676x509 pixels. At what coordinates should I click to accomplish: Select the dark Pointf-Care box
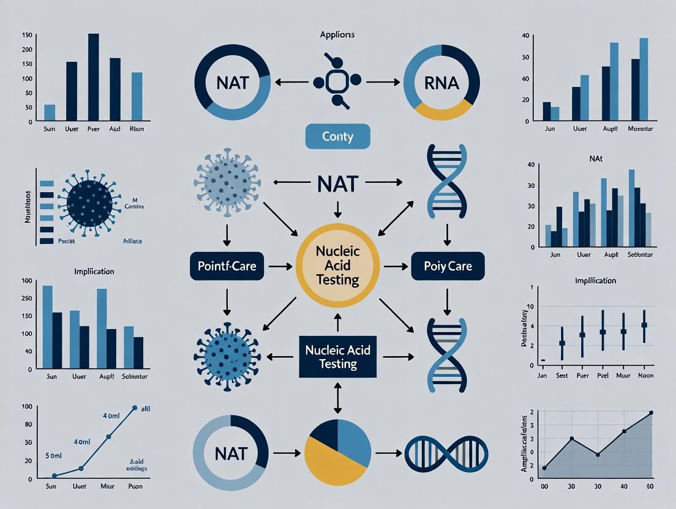[227, 267]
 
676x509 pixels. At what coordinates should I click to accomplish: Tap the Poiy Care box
[448, 267]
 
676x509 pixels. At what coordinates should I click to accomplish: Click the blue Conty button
[337, 136]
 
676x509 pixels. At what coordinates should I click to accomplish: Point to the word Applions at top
[337, 35]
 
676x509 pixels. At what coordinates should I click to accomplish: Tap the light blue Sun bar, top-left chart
[50, 113]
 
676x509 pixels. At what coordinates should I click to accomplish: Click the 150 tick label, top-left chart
[26, 34]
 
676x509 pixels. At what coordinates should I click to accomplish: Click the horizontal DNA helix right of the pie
[435, 453]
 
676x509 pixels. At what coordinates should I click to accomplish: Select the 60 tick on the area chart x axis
[650, 487]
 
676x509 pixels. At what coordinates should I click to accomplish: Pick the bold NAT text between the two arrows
[337, 182]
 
